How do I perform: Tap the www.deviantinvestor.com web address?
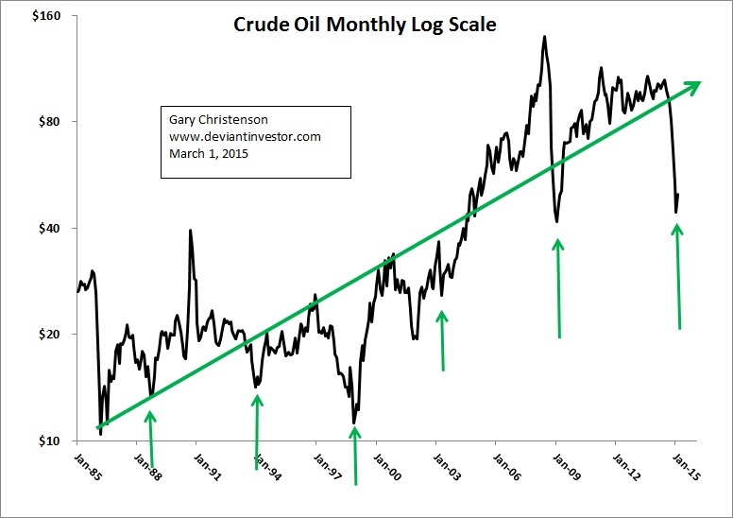246,137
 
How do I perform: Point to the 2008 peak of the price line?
545,37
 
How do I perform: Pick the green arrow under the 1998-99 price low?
355,454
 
